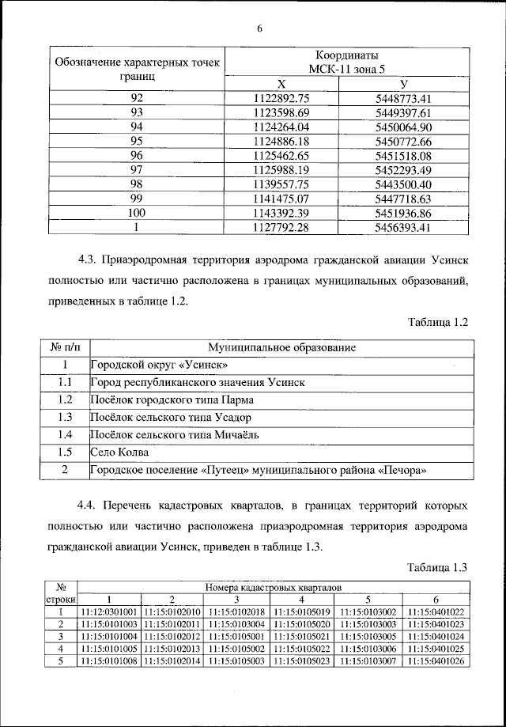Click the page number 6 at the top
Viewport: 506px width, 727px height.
258,29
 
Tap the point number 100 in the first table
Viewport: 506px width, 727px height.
136,214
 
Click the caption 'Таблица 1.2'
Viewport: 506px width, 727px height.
439,322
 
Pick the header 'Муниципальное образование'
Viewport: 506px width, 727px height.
281,347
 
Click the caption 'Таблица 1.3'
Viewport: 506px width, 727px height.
439,566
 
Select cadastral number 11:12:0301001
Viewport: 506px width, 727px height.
109,612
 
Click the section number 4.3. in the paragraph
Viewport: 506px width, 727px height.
90,259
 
